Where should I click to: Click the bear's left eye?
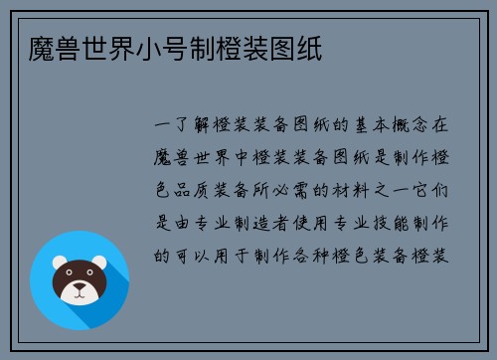coord(71,277)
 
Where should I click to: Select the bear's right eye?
coord(90,277)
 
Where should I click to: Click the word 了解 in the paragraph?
coord(192,126)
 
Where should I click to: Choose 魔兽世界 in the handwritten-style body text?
coord(192,158)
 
